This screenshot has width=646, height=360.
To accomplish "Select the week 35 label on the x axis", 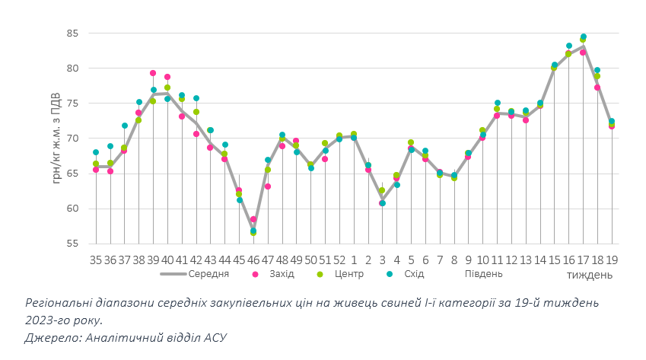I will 96,260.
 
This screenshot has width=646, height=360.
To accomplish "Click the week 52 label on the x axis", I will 339,260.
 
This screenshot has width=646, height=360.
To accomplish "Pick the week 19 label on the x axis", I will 612,260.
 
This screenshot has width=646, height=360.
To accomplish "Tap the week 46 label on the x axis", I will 253,260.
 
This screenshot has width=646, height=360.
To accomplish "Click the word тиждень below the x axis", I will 589,274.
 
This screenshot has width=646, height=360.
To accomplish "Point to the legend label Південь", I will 483,274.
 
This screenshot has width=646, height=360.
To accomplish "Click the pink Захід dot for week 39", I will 153,73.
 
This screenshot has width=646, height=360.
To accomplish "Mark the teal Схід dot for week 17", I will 584,37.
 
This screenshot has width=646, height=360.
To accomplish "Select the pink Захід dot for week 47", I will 268,186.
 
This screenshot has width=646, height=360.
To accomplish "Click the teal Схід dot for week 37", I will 125,126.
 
